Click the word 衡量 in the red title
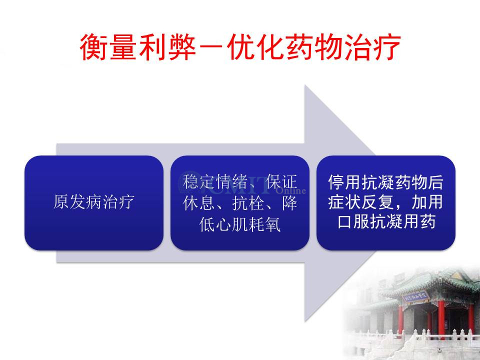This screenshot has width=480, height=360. click(108, 47)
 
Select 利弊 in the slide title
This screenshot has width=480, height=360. click(167, 47)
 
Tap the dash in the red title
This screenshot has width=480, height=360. click(211, 47)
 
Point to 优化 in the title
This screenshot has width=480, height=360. click(256, 47)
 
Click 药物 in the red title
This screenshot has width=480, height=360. click(314, 47)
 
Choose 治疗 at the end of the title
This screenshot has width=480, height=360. click(372, 47)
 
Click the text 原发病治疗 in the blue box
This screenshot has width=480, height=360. click(93, 201)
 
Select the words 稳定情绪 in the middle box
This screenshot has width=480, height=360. click(215, 182)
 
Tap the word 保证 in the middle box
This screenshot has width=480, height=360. click(281, 182)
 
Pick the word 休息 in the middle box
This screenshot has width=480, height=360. click(198, 202)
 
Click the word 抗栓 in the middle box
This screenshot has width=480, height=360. click(248, 202)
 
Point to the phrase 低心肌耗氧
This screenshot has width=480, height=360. click(239, 224)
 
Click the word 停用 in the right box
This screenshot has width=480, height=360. click(344, 182)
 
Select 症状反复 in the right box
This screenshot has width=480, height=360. click(361, 202)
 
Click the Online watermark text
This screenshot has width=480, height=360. click(291, 190)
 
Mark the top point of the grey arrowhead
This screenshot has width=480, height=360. click(305, 85)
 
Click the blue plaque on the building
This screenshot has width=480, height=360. click(415, 296)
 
